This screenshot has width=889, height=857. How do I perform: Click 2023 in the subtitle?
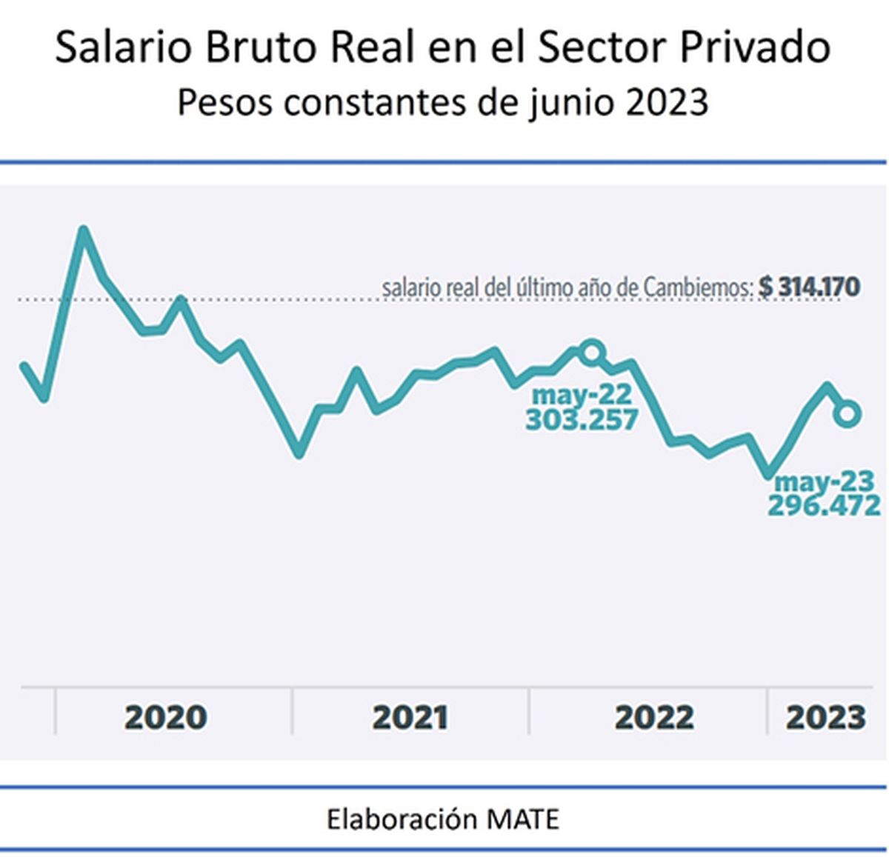coord(667,102)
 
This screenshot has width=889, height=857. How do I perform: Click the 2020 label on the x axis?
coord(165,717)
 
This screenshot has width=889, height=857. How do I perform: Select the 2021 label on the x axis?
coord(410,717)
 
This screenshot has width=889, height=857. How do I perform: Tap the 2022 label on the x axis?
coord(654,717)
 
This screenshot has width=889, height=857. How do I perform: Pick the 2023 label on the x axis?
coord(825,717)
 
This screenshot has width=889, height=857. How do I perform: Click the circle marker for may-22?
coord(591,352)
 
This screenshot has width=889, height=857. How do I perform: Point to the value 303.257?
coord(582,420)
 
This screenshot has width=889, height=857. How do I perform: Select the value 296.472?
coord(824,506)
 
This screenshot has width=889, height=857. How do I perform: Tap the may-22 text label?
coord(582,395)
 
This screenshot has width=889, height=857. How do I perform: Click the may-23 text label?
coord(825,481)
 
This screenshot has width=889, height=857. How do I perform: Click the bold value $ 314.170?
coord(809,287)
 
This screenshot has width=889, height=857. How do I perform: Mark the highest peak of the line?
coord(84,230)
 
